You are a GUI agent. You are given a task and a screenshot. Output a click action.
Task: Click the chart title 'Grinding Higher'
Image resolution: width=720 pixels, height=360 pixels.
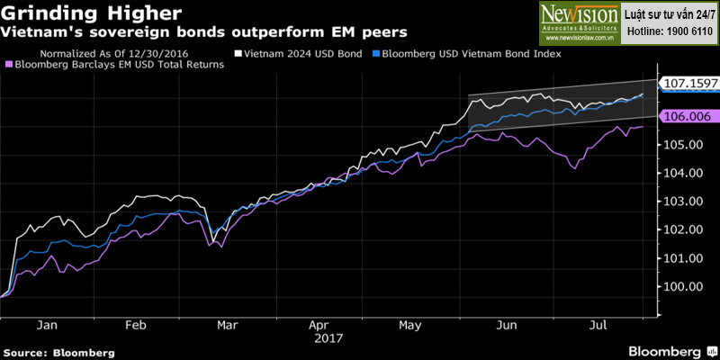coord(91,13)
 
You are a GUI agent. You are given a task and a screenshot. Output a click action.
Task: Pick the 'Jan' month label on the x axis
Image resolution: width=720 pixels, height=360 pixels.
coord(48,326)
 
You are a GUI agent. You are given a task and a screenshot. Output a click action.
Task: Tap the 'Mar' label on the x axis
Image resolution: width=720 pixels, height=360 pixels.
coord(229,326)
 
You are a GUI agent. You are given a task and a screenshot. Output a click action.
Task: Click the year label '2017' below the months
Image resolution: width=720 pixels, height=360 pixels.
coord(328,339)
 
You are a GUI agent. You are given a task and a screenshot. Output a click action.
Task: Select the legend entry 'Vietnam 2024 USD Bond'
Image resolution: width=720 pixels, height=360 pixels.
coord(299,54)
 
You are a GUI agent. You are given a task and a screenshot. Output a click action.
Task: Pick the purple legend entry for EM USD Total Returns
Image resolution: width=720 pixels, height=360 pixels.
coord(115,65)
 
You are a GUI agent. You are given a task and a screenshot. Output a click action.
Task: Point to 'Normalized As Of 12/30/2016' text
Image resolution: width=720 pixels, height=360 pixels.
coord(114,54)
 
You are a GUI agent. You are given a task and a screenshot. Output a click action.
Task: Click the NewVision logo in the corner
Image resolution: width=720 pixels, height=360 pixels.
coord(580,22)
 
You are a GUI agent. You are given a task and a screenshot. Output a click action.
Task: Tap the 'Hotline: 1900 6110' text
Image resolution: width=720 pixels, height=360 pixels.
coord(669,31)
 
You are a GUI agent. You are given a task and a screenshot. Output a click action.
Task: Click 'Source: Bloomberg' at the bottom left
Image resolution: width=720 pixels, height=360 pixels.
coord(58,353)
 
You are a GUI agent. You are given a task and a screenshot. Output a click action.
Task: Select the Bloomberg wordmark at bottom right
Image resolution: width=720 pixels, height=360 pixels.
coord(664,352)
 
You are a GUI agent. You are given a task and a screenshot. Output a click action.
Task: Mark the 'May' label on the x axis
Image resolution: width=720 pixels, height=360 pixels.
coord(410,326)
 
